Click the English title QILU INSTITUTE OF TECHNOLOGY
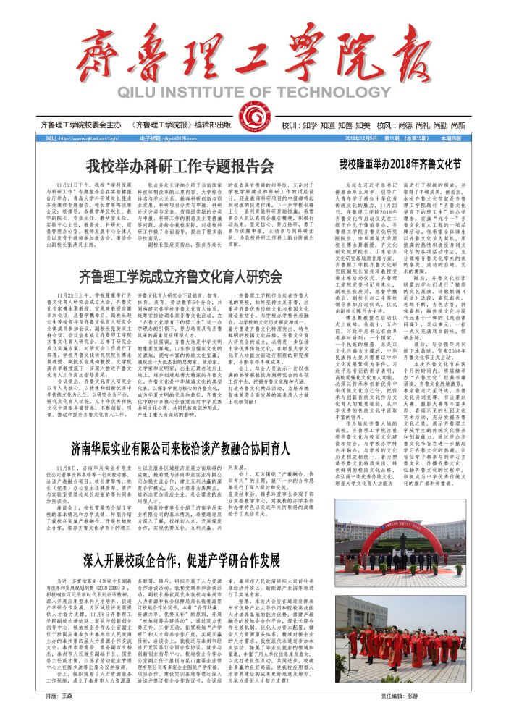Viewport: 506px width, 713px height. tap(253, 93)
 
